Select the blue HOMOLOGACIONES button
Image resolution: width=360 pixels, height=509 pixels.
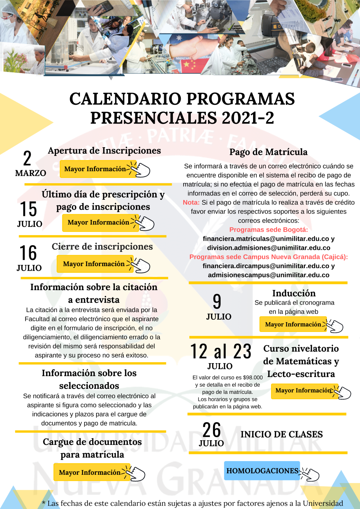[x=262, y=471]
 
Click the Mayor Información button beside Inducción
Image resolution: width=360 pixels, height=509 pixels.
[x=293, y=324]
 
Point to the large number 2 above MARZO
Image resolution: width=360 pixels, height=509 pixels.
[x=27, y=158]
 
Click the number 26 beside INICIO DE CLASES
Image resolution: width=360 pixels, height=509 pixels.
[x=211, y=430]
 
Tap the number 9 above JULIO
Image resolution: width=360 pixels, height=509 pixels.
[x=217, y=301]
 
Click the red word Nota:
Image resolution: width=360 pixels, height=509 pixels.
[x=191, y=203]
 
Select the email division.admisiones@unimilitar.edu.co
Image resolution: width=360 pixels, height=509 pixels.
[x=269, y=248]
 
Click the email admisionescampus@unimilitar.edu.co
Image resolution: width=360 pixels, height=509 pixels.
[x=269, y=275]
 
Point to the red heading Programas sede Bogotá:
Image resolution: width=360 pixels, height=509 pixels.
[x=269, y=230]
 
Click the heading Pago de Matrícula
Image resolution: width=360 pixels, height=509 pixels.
[x=269, y=152]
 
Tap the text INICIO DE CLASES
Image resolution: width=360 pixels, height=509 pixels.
[x=282, y=434]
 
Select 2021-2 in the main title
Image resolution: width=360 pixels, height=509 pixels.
[x=248, y=118]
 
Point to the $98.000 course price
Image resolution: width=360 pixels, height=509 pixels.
[x=253, y=378]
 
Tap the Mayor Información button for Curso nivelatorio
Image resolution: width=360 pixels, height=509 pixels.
[x=303, y=391]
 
